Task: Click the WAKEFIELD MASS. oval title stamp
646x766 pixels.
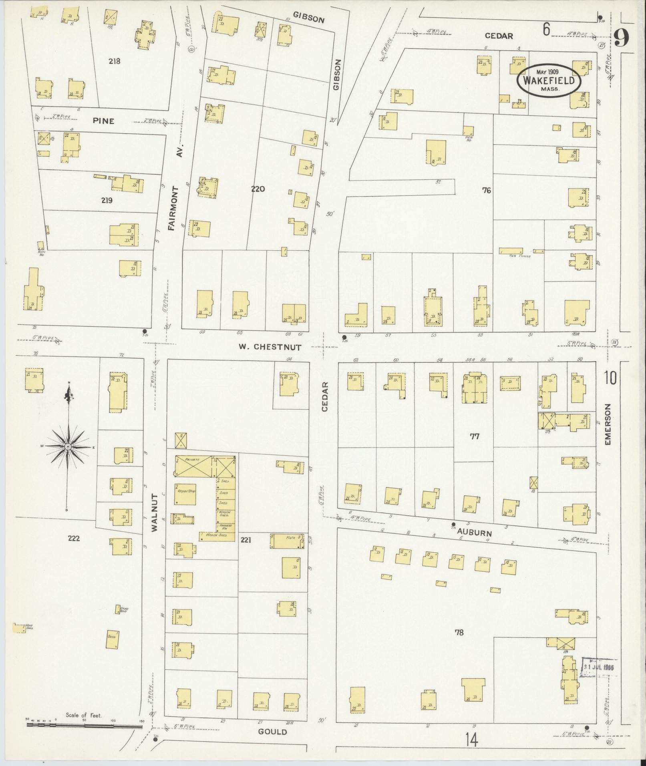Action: tap(549, 80)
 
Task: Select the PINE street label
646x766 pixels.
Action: tap(104, 121)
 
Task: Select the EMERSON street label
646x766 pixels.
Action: tap(608, 424)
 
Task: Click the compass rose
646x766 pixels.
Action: tap(68, 446)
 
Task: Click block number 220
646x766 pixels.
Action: tap(258, 189)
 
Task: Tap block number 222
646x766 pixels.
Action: tap(74, 539)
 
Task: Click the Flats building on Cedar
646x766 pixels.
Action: tap(286, 541)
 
